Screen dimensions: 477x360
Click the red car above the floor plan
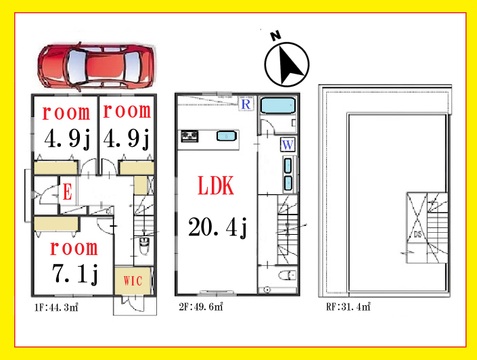pos(96,66)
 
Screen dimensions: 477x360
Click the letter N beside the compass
pos(276,35)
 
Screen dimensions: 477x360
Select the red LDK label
pos(216,185)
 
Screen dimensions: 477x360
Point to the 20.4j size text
pos(218,227)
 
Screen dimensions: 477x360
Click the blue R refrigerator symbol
pos(246,104)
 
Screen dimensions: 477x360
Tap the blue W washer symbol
pos(287,145)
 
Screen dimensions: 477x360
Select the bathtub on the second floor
pos(278,106)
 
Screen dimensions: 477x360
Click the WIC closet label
pos(133,281)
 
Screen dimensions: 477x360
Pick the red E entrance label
pos(67,192)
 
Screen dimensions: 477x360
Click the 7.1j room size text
pos(75,273)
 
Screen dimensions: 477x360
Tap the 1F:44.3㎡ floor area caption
pos(56,307)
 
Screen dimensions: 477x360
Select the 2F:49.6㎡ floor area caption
pos(201,307)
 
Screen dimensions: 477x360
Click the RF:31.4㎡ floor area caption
pos(348,307)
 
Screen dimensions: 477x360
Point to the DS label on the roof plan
pos(417,234)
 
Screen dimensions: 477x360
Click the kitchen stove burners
pos(189,136)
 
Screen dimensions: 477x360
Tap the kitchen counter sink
pos(227,136)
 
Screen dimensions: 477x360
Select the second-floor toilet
pos(287,275)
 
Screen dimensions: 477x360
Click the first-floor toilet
pos(144,246)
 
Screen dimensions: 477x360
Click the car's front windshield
pos(132,66)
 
